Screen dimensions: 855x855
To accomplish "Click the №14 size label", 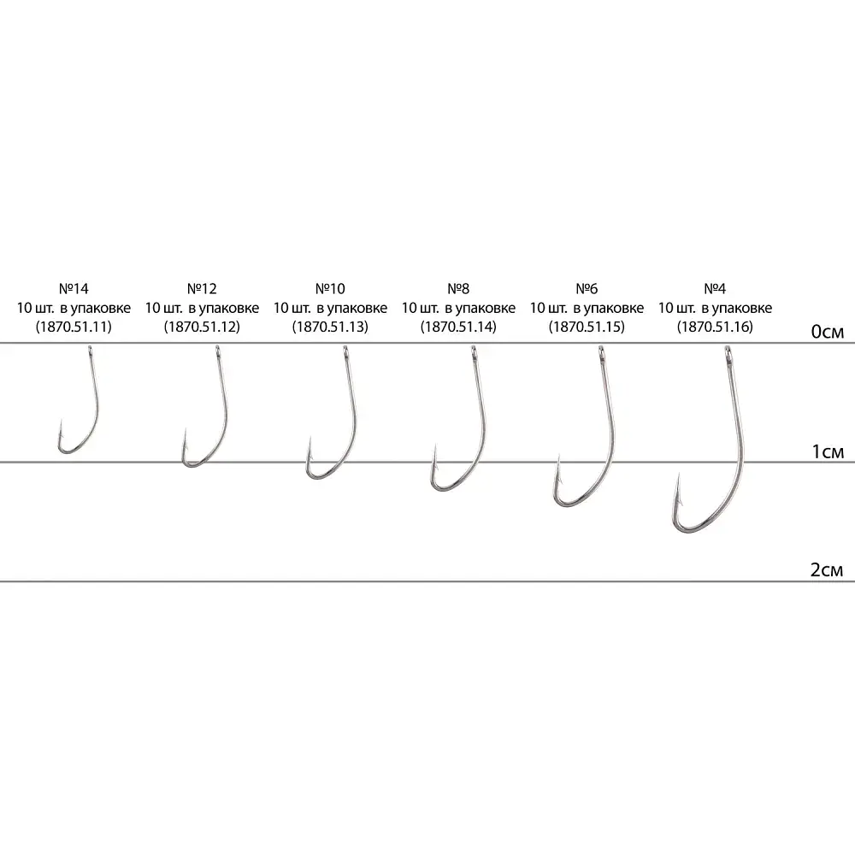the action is point(74,288).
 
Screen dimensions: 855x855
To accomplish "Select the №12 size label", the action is point(202,288).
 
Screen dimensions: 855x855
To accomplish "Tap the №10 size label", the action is point(330,288).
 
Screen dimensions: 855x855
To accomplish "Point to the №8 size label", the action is point(458,288).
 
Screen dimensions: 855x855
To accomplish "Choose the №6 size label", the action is point(587,288).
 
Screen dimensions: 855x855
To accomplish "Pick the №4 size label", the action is point(715,288).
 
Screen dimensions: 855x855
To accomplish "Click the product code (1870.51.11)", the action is point(74,327).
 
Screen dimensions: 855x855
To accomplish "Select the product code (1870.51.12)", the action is point(202,327).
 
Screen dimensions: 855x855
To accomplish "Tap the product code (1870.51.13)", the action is point(330,327).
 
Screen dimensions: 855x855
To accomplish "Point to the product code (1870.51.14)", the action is point(458,327).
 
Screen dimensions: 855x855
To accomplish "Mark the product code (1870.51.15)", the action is point(587,327).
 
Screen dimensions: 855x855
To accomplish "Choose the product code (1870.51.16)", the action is point(715,327).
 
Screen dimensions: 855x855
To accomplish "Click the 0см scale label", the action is point(827,332).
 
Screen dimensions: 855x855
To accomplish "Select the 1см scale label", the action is point(827,451).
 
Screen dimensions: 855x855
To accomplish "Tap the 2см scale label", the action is point(827,569).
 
